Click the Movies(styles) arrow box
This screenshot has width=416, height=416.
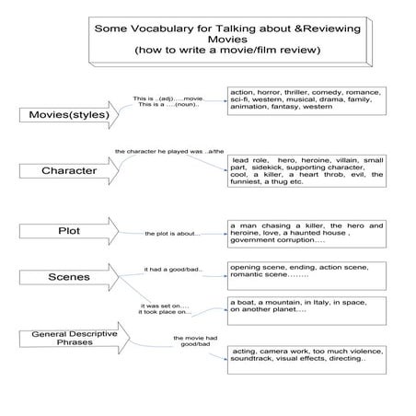point(60,116)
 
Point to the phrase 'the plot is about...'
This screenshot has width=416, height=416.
point(172,234)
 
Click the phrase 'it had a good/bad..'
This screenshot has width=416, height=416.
point(172,270)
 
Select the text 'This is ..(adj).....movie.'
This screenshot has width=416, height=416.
point(168,97)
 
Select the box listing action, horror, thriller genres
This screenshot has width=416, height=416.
point(306,102)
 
